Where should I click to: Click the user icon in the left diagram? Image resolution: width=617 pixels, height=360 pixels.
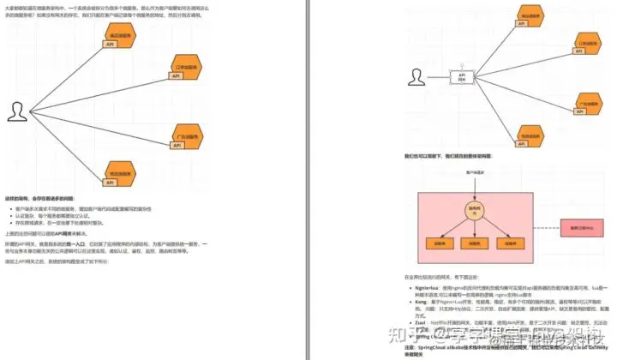coord(16,111)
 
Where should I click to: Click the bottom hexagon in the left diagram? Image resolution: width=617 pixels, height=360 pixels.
coord(125,175)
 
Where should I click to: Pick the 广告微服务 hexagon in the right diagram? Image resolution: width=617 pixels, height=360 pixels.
coord(589,103)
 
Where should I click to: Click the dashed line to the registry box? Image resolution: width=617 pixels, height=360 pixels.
coord(536,228)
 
